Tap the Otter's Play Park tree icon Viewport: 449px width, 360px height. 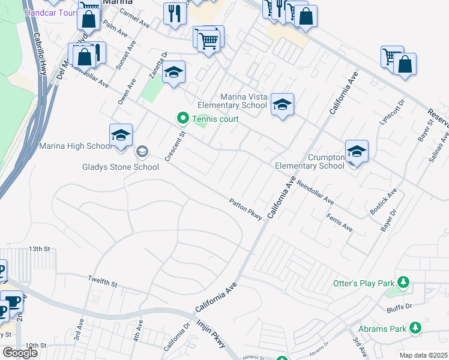pyautogui.click(x=405, y=281)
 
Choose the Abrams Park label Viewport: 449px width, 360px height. pyautogui.click(x=382, y=329)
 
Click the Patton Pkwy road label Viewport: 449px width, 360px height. pyautogui.click(x=246, y=210)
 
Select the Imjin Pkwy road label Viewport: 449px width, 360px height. pyautogui.click(x=211, y=334)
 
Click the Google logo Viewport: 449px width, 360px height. pyautogui.click(x=20, y=353)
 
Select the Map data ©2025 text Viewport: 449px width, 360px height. pyautogui.click(x=423, y=355)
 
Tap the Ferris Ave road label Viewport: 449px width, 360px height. pyautogui.click(x=340, y=223)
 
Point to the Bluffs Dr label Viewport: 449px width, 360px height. pyautogui.click(x=400, y=306)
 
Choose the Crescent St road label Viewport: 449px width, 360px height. pyautogui.click(x=175, y=146)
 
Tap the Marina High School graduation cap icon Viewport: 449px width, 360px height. pyautogui.click(x=121, y=136)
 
